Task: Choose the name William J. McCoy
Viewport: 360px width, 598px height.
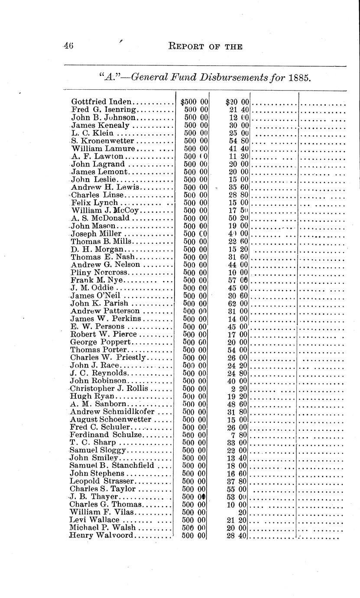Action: tap(105, 211)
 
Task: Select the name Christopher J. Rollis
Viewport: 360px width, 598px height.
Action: tap(109, 388)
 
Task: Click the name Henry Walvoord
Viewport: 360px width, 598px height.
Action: tap(101, 536)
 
